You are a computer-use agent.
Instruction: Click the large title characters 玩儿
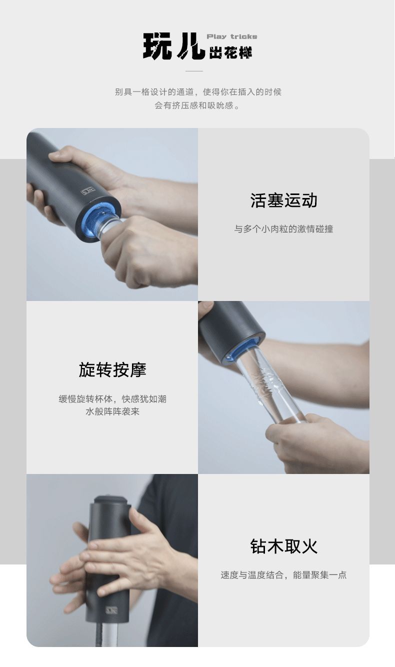(173, 46)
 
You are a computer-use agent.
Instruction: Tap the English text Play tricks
(232, 36)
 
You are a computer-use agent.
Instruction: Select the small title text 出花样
(230, 52)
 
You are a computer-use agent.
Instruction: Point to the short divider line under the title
(194, 71)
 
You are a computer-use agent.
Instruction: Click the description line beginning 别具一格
(198, 92)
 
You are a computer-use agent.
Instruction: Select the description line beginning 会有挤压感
(198, 105)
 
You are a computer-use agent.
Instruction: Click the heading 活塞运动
(283, 200)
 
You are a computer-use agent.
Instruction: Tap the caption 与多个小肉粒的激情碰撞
(283, 229)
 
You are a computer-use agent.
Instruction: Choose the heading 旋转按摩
(112, 370)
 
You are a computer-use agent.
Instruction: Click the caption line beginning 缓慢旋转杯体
(112, 399)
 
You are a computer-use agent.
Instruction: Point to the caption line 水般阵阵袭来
(112, 412)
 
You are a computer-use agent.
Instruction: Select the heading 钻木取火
(283, 546)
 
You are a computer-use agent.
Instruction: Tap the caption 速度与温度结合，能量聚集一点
(283, 575)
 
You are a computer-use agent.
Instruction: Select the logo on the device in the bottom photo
(111, 609)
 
